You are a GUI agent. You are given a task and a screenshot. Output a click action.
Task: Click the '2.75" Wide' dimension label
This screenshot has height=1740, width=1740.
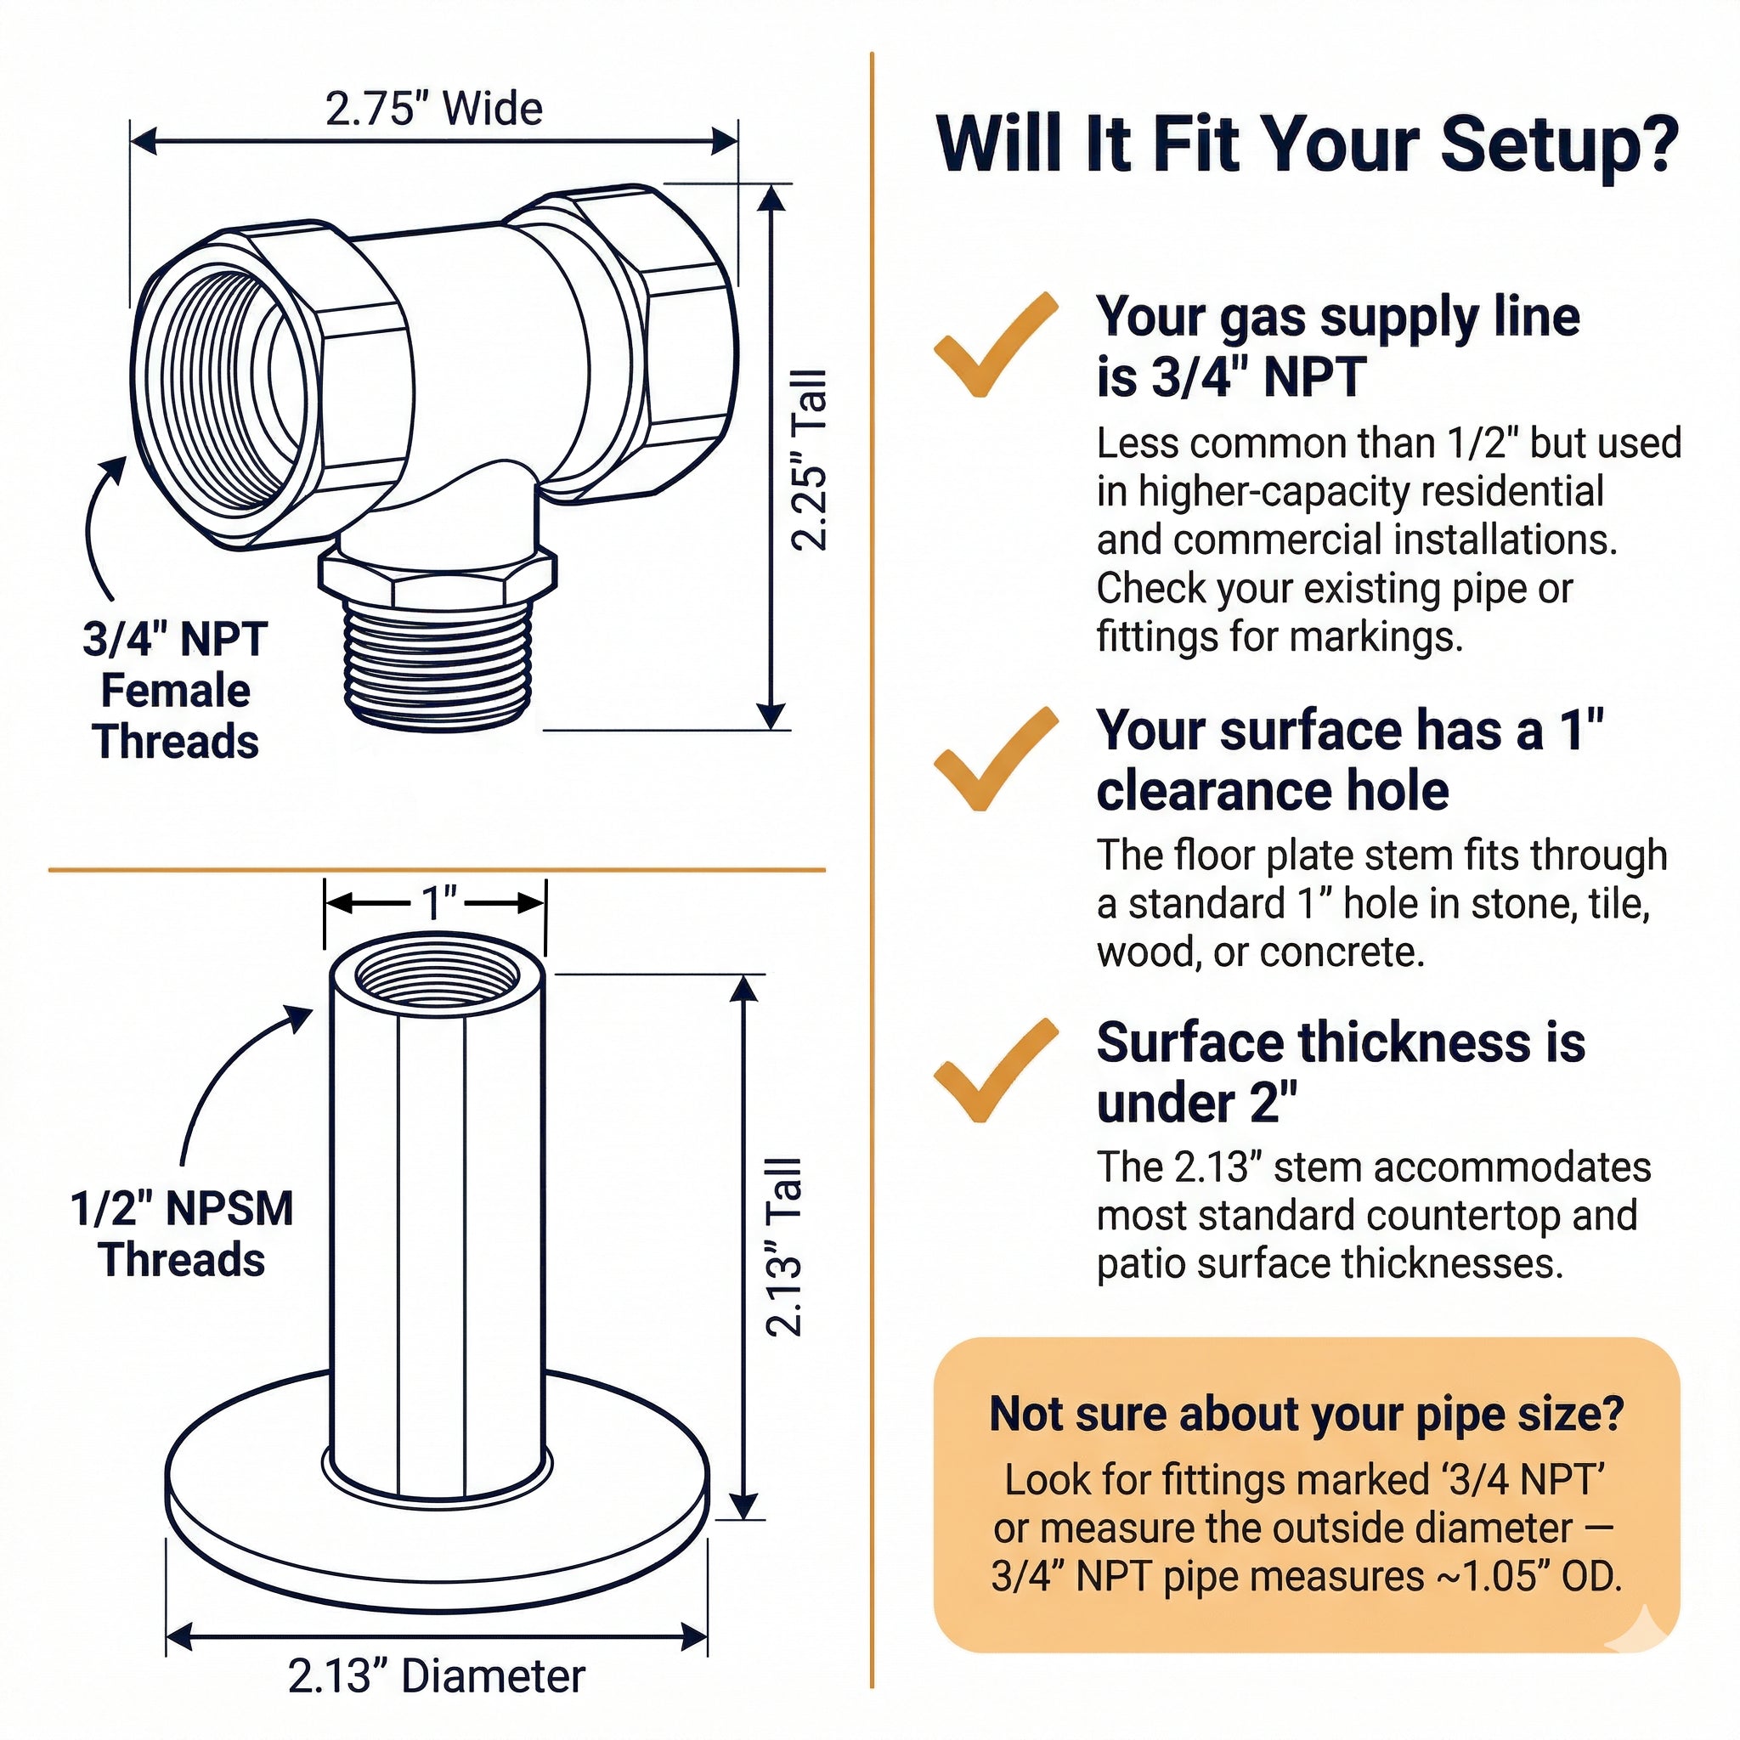433,108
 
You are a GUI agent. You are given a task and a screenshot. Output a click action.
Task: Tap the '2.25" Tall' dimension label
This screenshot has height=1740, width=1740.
809,459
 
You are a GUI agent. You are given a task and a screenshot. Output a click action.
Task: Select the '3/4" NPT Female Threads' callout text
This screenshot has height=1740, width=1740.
176,690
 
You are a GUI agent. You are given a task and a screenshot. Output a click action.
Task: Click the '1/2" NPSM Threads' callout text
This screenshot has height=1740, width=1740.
182,1233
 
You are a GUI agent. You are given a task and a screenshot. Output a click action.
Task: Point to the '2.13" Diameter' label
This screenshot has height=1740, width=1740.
437,1676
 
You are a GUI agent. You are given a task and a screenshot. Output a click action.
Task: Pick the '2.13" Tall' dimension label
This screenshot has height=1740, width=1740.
783,1246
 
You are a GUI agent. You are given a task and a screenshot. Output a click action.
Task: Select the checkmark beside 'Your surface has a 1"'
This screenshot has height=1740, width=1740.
995,759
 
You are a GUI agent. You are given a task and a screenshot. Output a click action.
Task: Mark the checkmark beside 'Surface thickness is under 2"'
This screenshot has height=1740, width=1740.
995,1070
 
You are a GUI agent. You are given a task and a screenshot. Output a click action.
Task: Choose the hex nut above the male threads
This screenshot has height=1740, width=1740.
438,573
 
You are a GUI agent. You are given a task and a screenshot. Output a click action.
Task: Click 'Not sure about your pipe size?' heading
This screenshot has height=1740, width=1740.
1307,1413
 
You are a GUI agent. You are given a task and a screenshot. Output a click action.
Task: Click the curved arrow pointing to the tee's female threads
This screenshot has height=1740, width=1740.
93,523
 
